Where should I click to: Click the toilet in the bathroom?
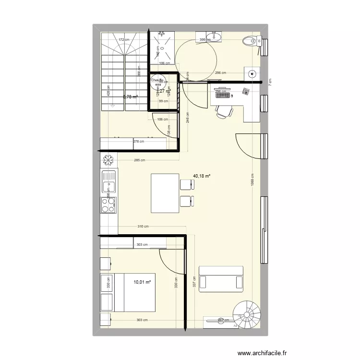tap(251, 41)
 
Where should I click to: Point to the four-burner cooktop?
tap(108, 205)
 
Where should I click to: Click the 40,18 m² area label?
tap(202, 176)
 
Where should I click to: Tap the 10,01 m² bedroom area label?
tap(143, 282)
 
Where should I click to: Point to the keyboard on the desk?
tap(222, 96)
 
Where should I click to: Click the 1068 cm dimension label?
tap(252, 182)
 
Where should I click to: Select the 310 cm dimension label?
tap(143, 227)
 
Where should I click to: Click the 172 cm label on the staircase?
tap(124, 40)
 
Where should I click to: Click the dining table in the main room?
tap(165, 192)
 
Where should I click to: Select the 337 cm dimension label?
tap(193, 284)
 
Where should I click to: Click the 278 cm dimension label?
tap(139, 141)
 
